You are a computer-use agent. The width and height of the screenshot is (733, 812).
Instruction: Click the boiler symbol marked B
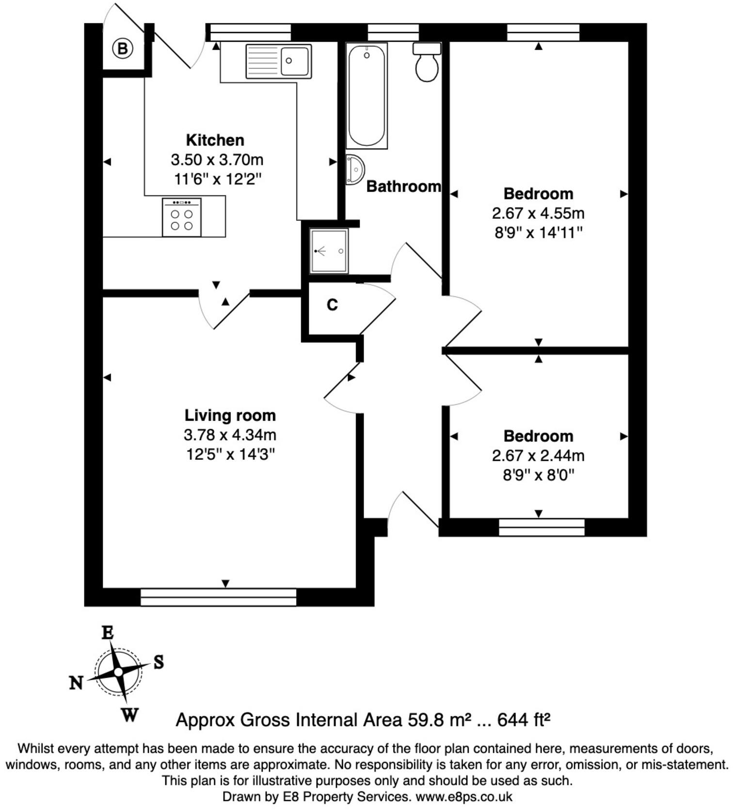pyautogui.click(x=123, y=49)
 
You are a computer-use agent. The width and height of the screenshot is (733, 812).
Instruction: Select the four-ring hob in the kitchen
pyautogui.click(x=182, y=217)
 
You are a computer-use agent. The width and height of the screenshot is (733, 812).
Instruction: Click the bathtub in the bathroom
pyautogui.click(x=366, y=95)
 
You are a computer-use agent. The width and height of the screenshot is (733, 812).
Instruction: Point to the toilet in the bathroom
pyautogui.click(x=427, y=63)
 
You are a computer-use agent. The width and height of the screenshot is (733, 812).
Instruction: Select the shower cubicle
pyautogui.click(x=329, y=251)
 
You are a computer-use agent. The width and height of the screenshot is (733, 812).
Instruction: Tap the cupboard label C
pyautogui.click(x=332, y=305)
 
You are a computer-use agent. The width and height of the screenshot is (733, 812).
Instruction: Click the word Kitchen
pyautogui.click(x=215, y=140)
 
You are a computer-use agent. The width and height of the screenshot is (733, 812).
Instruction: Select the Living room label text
pyautogui.click(x=230, y=415)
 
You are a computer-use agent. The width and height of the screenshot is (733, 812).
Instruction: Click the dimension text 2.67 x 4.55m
pyautogui.click(x=538, y=213)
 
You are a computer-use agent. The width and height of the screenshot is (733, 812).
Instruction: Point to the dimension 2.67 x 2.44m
pyautogui.click(x=538, y=455)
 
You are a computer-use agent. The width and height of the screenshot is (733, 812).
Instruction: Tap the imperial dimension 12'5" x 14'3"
pyautogui.click(x=230, y=455)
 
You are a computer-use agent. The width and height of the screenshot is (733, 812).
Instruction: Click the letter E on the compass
pyautogui.click(x=107, y=633)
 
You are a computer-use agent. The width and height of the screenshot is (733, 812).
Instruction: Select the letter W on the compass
pyautogui.click(x=129, y=715)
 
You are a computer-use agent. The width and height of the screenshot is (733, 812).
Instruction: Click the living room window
pyautogui.click(x=218, y=597)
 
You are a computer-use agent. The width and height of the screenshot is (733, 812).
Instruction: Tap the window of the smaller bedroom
pyautogui.click(x=542, y=527)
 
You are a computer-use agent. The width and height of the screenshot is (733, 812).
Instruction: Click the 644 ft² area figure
pyautogui.click(x=524, y=720)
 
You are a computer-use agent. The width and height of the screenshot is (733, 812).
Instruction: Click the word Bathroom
pyautogui.click(x=403, y=186)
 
